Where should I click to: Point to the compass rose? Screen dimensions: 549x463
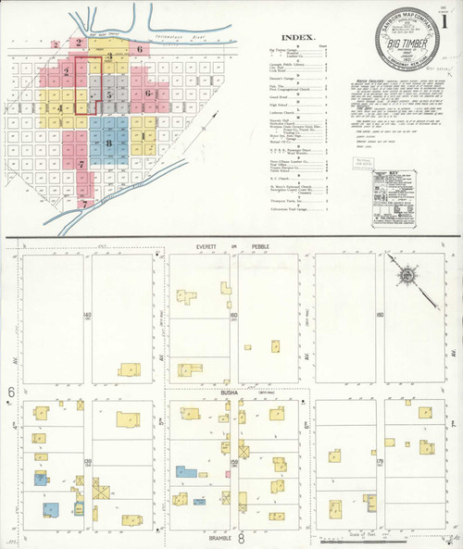click(x=405, y=275)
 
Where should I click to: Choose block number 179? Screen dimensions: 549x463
click(x=380, y=460)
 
